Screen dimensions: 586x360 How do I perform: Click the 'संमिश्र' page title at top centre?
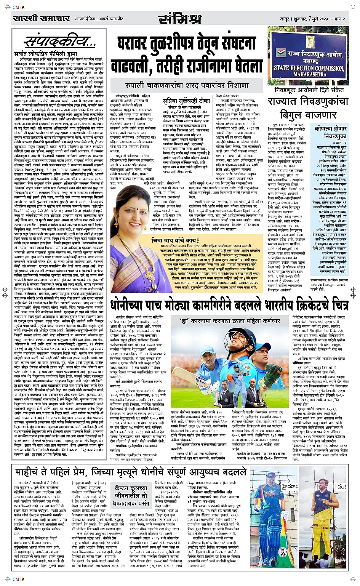click(x=179, y=19)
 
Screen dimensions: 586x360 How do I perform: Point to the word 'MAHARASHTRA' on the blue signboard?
click(x=310, y=74)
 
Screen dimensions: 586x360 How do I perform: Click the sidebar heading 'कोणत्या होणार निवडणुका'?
click(x=330, y=132)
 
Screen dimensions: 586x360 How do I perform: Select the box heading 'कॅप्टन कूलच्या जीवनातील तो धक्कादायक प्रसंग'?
click(x=131, y=495)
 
